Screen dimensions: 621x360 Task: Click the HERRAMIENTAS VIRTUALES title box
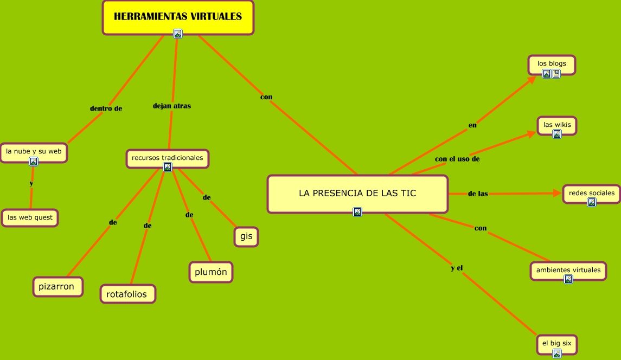(178, 17)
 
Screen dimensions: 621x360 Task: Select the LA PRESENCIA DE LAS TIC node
(357, 193)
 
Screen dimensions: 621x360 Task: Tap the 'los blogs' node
(552, 63)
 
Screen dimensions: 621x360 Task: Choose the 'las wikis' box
(557, 125)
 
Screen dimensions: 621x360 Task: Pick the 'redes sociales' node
(591, 193)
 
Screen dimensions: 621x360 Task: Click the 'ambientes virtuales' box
(568, 270)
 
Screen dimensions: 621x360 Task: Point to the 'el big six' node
(556, 343)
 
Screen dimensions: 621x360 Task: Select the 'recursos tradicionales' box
(167, 158)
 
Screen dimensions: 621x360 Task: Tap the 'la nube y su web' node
(34, 151)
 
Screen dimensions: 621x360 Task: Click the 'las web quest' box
(30, 218)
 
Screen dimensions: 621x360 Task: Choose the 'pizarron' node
(57, 287)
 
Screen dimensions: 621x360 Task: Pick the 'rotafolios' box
(127, 294)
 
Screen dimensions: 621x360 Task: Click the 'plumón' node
(211, 272)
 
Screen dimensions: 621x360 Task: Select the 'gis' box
(246, 236)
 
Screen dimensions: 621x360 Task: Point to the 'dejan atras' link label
(172, 106)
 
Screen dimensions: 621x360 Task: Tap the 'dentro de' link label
(106, 108)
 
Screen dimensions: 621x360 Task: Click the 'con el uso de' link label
(457, 159)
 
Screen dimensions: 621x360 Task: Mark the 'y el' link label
(457, 268)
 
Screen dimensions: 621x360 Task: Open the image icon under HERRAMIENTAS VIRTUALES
(178, 34)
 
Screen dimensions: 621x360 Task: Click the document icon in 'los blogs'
(556, 74)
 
